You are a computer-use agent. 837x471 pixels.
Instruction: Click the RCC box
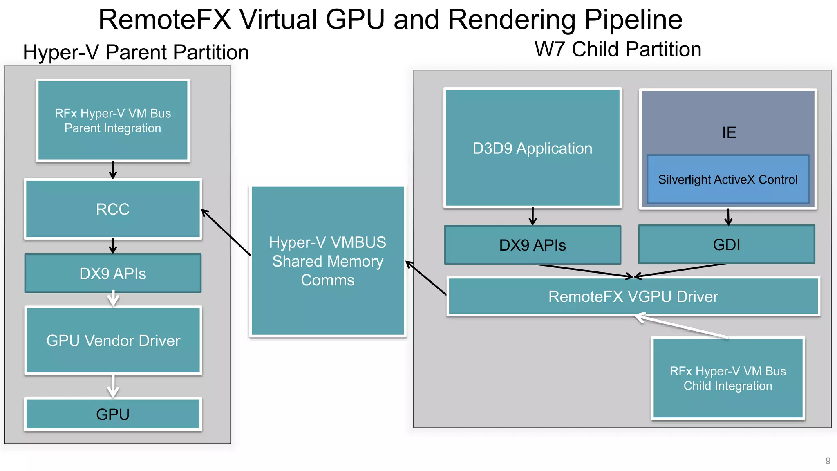113,209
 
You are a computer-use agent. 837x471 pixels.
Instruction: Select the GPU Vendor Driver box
113,341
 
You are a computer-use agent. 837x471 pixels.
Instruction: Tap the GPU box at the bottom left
113,414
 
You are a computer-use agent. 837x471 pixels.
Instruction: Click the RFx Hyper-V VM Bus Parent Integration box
113,121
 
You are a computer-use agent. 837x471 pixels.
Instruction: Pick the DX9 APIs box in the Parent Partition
113,273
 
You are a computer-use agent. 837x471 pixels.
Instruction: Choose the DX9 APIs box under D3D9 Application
533,245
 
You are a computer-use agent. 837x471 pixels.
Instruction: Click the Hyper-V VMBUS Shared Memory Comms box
327,261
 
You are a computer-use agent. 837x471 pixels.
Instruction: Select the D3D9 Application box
533,148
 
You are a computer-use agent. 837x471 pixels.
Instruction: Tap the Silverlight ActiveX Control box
727,179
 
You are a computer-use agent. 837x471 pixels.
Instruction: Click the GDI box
726,244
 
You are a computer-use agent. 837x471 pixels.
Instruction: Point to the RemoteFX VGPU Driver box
633,296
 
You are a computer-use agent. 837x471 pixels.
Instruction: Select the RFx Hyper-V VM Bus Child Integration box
727,378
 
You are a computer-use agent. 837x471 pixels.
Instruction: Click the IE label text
729,132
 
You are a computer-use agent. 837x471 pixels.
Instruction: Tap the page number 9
828,461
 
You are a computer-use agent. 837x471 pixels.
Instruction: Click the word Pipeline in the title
633,19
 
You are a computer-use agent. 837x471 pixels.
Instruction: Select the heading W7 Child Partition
618,49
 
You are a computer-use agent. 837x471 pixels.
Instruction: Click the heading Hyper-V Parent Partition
136,52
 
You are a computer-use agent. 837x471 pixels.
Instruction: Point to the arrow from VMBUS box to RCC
226,232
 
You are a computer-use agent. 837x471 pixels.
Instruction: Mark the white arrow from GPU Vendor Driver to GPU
113,386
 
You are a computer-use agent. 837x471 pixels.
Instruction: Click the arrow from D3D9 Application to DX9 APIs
533,216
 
